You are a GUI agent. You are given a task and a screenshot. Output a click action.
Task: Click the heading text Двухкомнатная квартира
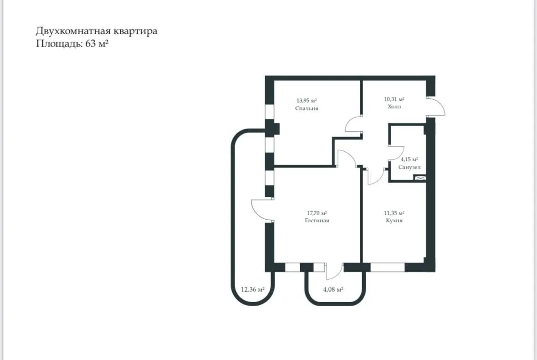click(x=97, y=31)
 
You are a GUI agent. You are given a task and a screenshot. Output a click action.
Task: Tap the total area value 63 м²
click(x=97, y=44)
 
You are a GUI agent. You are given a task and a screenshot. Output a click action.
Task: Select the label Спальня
click(x=306, y=108)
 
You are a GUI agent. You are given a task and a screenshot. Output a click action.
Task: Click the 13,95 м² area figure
click(x=306, y=101)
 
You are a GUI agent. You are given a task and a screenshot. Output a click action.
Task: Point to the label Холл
click(x=394, y=106)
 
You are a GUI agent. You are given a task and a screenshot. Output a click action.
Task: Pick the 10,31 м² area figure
click(x=394, y=99)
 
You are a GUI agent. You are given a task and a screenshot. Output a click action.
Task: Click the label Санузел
click(x=409, y=167)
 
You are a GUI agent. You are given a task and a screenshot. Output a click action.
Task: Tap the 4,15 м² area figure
click(x=409, y=159)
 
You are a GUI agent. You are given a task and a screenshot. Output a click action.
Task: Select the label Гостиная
click(x=317, y=220)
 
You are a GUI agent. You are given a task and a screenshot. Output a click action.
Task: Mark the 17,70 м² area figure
click(x=317, y=213)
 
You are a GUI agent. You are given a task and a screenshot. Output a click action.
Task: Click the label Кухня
click(x=394, y=220)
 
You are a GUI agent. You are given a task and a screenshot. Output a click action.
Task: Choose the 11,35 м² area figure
click(x=394, y=213)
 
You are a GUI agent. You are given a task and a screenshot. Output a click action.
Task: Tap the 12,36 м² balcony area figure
click(x=253, y=289)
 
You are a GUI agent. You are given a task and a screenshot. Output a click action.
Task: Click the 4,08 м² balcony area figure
click(x=333, y=289)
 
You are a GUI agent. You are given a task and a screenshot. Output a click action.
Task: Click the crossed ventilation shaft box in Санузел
click(x=420, y=179)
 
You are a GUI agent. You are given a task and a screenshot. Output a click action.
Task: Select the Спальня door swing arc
click(x=352, y=124)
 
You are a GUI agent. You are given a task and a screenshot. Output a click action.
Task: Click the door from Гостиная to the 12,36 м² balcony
click(x=261, y=211)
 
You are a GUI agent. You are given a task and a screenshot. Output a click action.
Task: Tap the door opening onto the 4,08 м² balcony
click(x=333, y=271)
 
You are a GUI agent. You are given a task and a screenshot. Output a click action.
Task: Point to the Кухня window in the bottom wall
click(x=388, y=267)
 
